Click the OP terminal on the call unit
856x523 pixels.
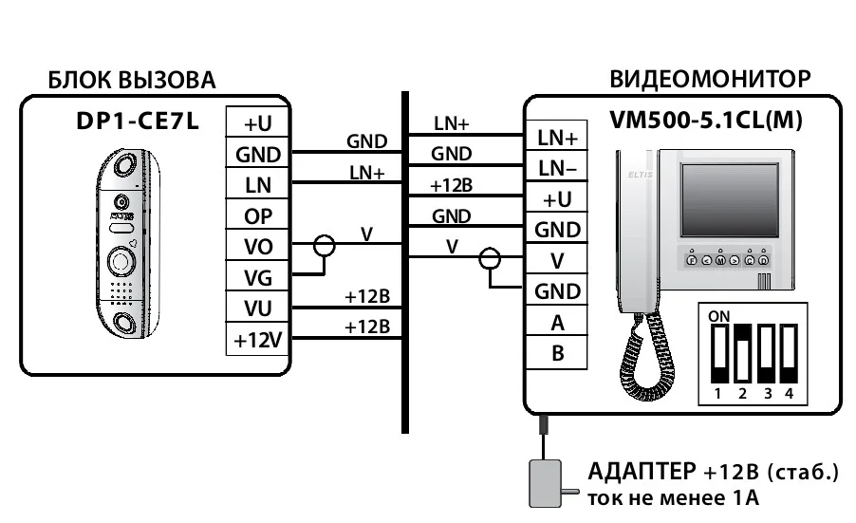(x=258, y=215)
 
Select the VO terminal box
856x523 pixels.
(x=258, y=247)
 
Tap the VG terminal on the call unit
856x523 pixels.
(x=258, y=277)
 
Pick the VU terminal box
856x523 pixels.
(x=258, y=308)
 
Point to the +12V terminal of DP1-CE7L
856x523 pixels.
(x=258, y=339)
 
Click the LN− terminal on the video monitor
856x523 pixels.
(x=557, y=169)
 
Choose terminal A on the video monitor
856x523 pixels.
(x=557, y=323)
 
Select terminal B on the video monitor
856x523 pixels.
(x=557, y=354)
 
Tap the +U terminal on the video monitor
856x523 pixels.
(x=557, y=199)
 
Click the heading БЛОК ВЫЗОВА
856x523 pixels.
(x=132, y=80)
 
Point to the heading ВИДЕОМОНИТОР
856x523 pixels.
(x=710, y=79)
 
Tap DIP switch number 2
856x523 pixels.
(x=742, y=351)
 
